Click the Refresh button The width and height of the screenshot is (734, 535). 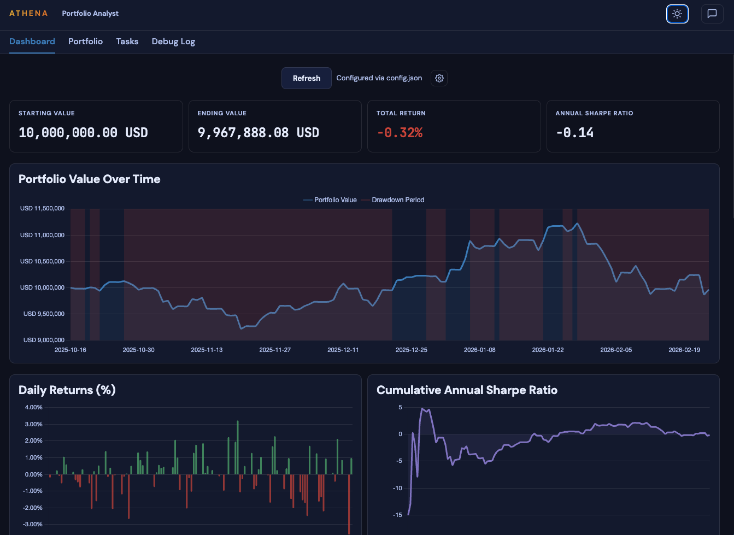pos(306,78)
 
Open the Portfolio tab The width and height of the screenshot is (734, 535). pos(85,42)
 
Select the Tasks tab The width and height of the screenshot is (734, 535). pos(127,42)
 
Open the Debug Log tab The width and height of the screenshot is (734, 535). pos(173,42)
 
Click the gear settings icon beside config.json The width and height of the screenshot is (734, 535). pos(439,78)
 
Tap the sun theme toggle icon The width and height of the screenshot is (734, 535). pos(677,14)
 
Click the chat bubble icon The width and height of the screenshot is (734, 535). pos(712,14)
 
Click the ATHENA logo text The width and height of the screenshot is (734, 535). pos(28,13)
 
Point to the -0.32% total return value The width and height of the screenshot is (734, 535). pos(400,133)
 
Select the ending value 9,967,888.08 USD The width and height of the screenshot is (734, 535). pos(258,133)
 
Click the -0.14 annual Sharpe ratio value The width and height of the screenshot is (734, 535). pos(574,133)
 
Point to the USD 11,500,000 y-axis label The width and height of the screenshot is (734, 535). pos(42,208)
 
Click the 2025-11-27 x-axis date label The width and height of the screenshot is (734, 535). pos(275,350)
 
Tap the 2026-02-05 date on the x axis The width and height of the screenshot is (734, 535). pos(616,350)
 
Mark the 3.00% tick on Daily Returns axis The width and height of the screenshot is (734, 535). pos(33,424)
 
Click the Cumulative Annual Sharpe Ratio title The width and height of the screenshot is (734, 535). pos(467,390)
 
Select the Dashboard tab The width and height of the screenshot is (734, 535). pos(32,42)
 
